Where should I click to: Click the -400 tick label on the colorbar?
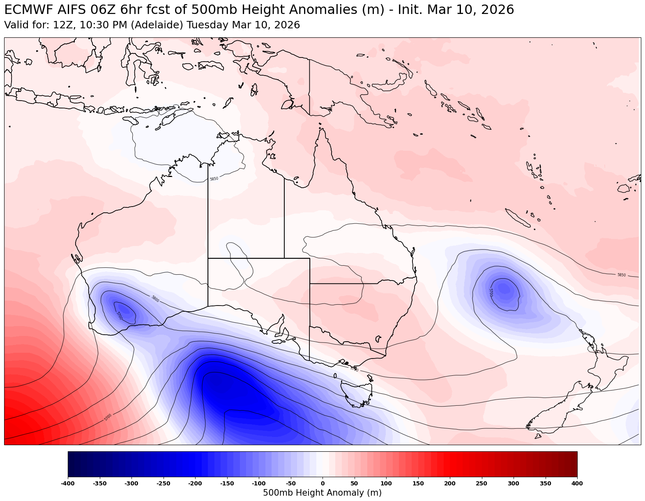68,484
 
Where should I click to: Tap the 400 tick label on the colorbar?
577,484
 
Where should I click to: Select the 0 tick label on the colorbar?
322,484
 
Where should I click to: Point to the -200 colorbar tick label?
195,484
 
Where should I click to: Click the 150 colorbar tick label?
418,484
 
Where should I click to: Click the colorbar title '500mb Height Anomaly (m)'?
322,493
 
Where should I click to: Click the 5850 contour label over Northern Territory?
214,179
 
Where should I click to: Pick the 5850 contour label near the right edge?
621,275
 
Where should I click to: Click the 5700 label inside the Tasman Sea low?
491,292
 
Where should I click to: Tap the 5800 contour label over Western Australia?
155,299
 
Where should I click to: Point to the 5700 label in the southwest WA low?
119,316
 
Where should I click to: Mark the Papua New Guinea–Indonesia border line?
309,86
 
